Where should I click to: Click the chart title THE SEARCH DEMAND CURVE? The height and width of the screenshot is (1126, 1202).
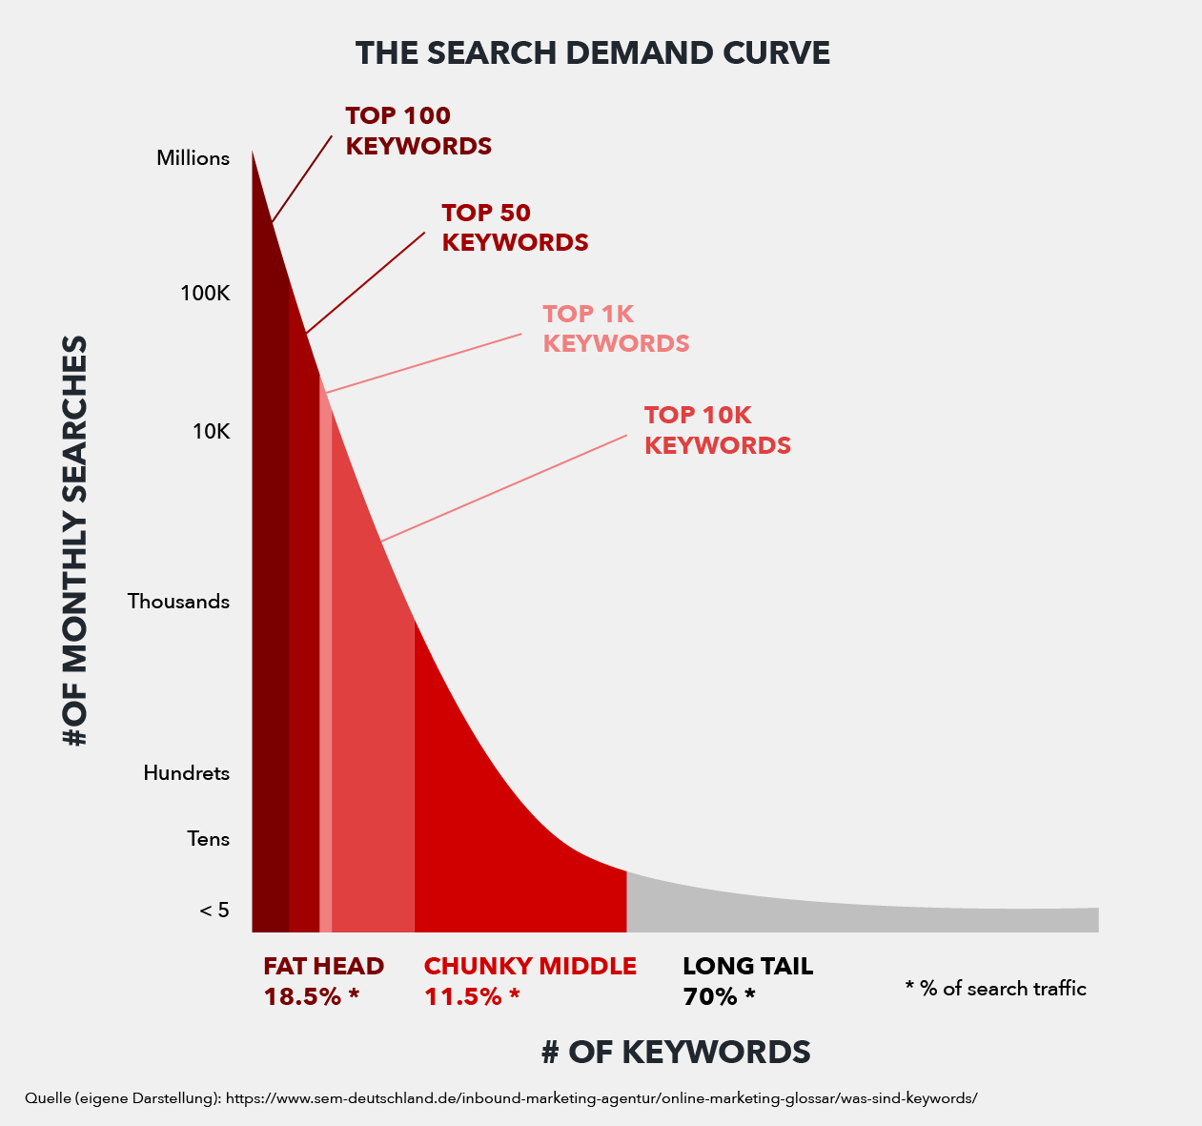(x=592, y=53)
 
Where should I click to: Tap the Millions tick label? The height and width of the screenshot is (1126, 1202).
(x=193, y=158)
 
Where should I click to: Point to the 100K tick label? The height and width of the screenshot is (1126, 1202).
(x=205, y=294)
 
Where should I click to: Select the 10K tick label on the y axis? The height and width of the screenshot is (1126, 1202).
(x=211, y=431)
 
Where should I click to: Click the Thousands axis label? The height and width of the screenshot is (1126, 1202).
(x=178, y=602)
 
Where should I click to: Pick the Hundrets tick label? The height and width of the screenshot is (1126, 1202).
(x=186, y=773)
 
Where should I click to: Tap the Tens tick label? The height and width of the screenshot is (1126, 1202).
(x=208, y=839)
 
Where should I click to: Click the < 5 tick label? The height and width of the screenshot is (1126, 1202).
(x=214, y=911)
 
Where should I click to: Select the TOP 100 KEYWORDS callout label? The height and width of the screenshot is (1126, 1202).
(x=418, y=131)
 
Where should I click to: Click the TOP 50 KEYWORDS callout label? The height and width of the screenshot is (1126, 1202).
(x=515, y=228)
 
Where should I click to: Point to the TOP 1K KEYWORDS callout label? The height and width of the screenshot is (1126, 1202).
(x=616, y=328)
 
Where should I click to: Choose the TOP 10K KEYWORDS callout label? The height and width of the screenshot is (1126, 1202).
(x=717, y=430)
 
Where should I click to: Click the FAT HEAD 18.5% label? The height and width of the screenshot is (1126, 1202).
(x=323, y=981)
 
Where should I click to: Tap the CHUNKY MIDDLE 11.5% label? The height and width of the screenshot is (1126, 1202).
(x=530, y=981)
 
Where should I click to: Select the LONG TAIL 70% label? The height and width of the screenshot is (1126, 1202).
(x=747, y=981)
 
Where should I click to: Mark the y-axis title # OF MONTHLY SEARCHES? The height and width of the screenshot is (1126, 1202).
(x=76, y=541)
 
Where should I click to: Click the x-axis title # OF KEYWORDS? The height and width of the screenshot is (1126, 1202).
(x=676, y=1052)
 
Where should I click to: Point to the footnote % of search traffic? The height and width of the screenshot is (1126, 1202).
(x=995, y=989)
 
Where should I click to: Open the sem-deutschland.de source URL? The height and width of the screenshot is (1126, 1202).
(x=601, y=1098)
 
